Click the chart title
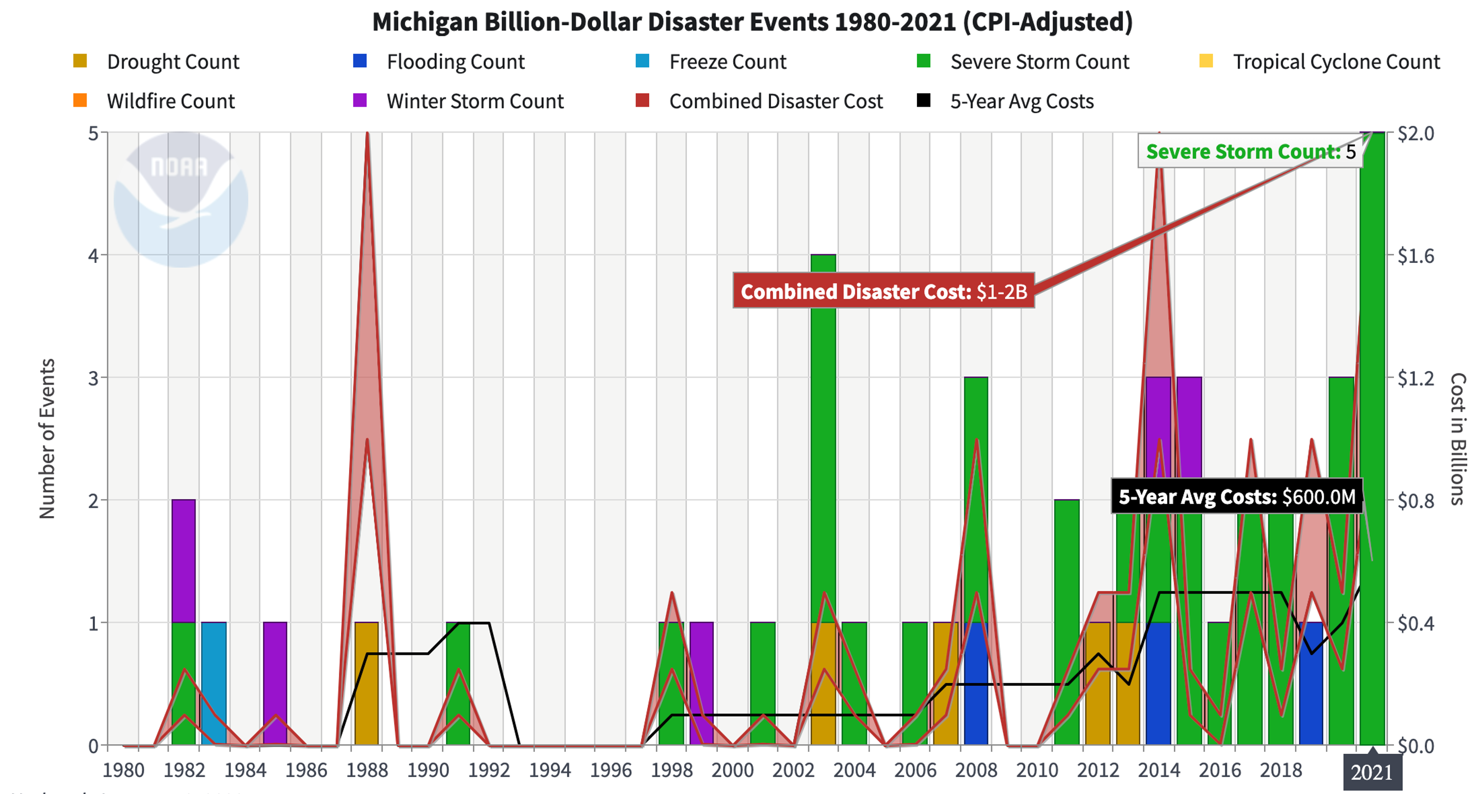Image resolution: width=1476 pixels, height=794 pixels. click(752, 22)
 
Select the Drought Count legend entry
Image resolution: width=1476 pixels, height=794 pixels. click(156, 62)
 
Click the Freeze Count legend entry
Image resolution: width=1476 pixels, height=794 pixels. click(711, 62)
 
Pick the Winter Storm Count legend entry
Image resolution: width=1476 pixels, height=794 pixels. click(458, 102)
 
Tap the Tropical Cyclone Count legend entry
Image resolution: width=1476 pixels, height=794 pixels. click(1319, 62)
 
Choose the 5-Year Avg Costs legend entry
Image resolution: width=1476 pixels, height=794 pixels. click(1006, 102)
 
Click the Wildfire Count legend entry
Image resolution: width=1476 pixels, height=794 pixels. click(154, 102)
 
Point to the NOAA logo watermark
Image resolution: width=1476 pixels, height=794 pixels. click(181, 200)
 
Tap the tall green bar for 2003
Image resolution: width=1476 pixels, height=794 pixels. click(824, 429)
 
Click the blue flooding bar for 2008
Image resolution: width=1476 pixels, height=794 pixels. click(976, 687)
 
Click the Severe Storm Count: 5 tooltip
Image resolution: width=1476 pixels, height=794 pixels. click(1250, 152)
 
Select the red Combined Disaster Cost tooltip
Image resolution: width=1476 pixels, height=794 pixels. click(883, 291)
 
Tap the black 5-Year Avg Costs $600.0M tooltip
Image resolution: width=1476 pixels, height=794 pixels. click(1237, 496)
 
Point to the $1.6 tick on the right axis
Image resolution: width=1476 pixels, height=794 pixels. click(1415, 256)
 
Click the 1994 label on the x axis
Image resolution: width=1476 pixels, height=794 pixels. click(549, 769)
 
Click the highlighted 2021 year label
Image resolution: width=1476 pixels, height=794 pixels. click(1371, 772)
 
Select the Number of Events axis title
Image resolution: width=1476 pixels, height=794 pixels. click(47, 438)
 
